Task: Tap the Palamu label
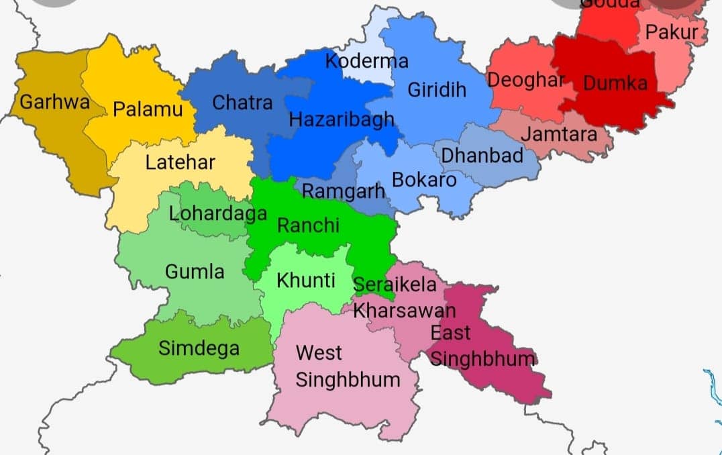coord(148,109)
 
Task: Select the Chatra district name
coord(242,103)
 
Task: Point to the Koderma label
coord(366,62)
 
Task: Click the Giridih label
coord(436,90)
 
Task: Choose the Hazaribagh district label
coord(342,120)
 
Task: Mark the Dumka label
coord(615,83)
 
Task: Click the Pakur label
coord(671,32)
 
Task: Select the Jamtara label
coord(559,134)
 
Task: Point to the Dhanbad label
coord(482,156)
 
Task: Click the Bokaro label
coord(424,180)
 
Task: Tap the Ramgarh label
coord(344,191)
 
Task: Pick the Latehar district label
coord(180,162)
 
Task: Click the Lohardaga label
coord(217,214)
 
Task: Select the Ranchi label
coord(308,225)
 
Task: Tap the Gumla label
coord(195,272)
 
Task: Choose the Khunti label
coord(306,281)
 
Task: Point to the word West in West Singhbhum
coord(319,352)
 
